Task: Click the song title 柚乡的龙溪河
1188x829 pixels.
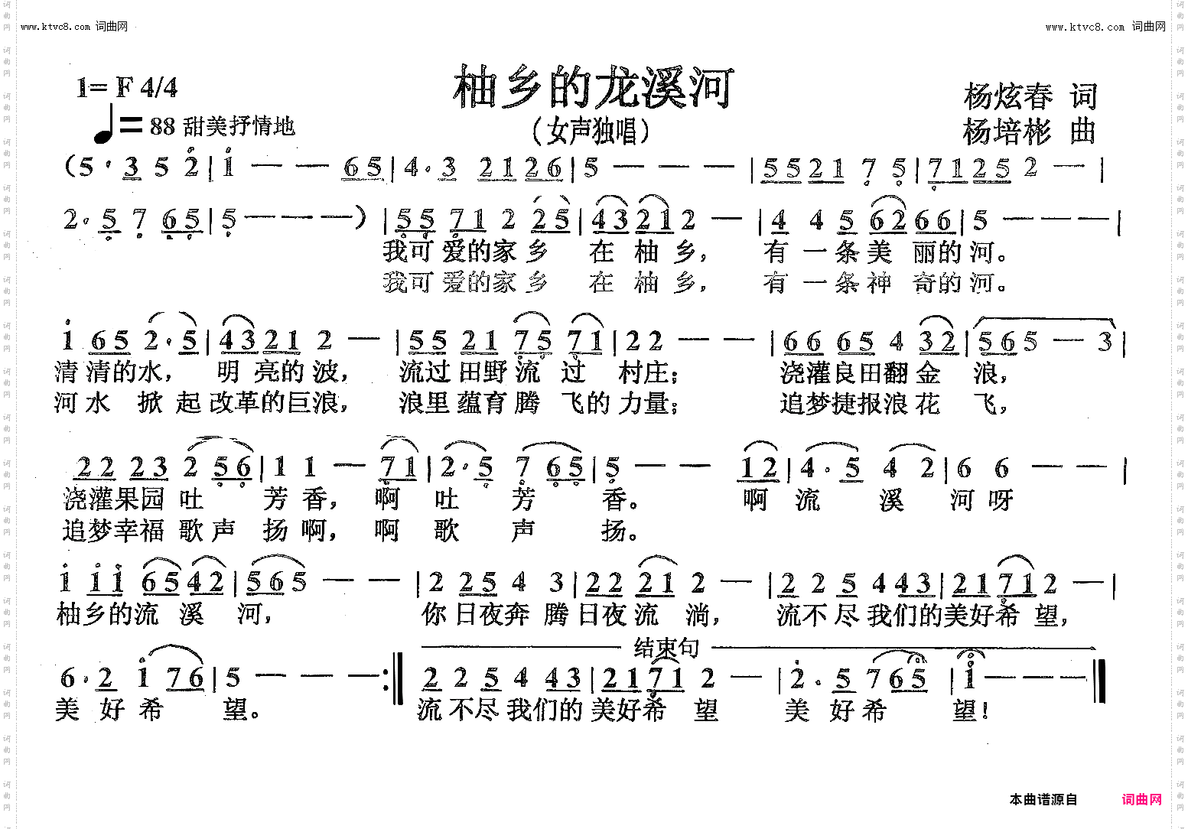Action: (594, 87)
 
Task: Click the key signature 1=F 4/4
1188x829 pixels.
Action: (126, 88)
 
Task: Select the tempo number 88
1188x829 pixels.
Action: (162, 126)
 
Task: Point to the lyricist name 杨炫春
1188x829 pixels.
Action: (1008, 96)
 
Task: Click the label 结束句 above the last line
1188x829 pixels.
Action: (666, 649)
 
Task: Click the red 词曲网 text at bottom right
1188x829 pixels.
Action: (1141, 800)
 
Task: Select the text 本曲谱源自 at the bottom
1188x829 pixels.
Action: (1043, 800)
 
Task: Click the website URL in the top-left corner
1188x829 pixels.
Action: (73, 27)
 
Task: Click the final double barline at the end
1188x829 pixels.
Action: (1098, 680)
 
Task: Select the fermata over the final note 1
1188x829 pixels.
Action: (971, 655)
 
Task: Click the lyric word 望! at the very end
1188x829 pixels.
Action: (972, 711)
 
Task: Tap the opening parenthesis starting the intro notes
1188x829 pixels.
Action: (70, 167)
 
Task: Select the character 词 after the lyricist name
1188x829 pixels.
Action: (1084, 96)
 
